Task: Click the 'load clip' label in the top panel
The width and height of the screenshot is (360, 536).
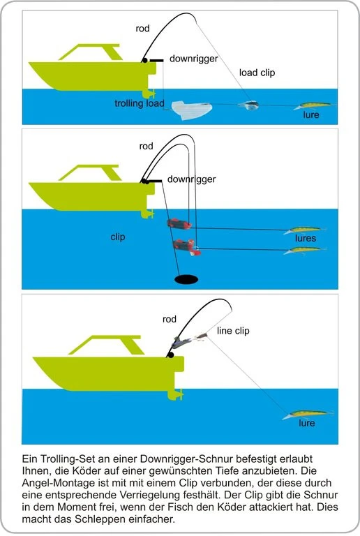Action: [257, 72]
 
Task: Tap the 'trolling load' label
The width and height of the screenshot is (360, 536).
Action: [140, 103]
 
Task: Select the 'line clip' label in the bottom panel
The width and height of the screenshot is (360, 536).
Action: [233, 330]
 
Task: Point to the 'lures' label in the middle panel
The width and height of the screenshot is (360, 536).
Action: [306, 239]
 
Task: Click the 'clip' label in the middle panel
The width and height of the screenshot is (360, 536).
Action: [118, 237]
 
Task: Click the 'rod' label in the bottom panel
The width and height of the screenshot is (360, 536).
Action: [169, 319]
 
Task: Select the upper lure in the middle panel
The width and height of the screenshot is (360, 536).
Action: [305, 230]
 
